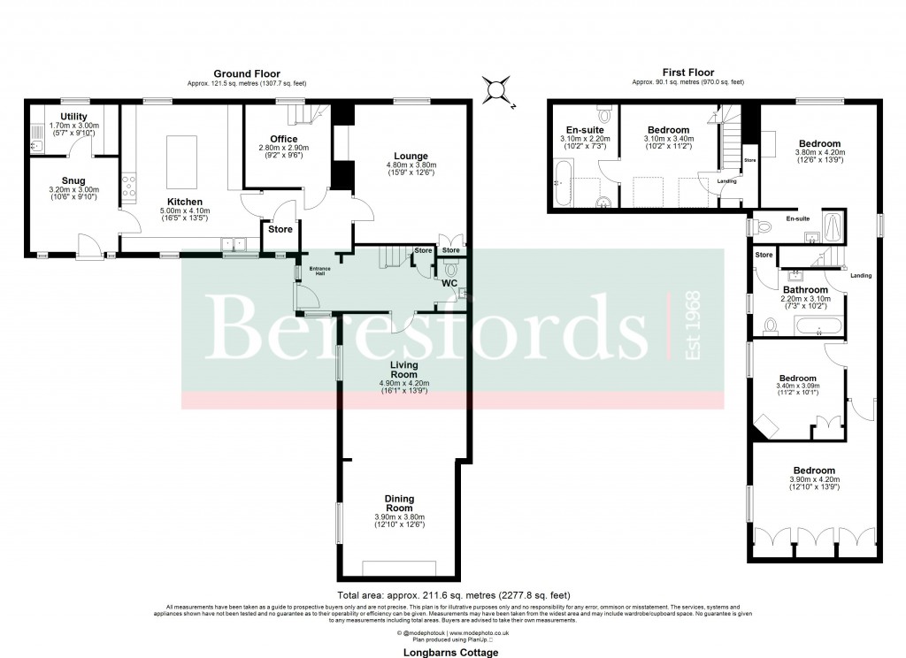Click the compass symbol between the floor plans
tap(496, 89)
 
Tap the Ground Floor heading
tap(247, 73)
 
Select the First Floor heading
tap(687, 73)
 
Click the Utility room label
tap(73, 117)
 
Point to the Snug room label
tap(73, 180)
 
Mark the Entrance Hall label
tap(316, 271)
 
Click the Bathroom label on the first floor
tap(804, 290)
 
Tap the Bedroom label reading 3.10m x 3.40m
tap(667, 130)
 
